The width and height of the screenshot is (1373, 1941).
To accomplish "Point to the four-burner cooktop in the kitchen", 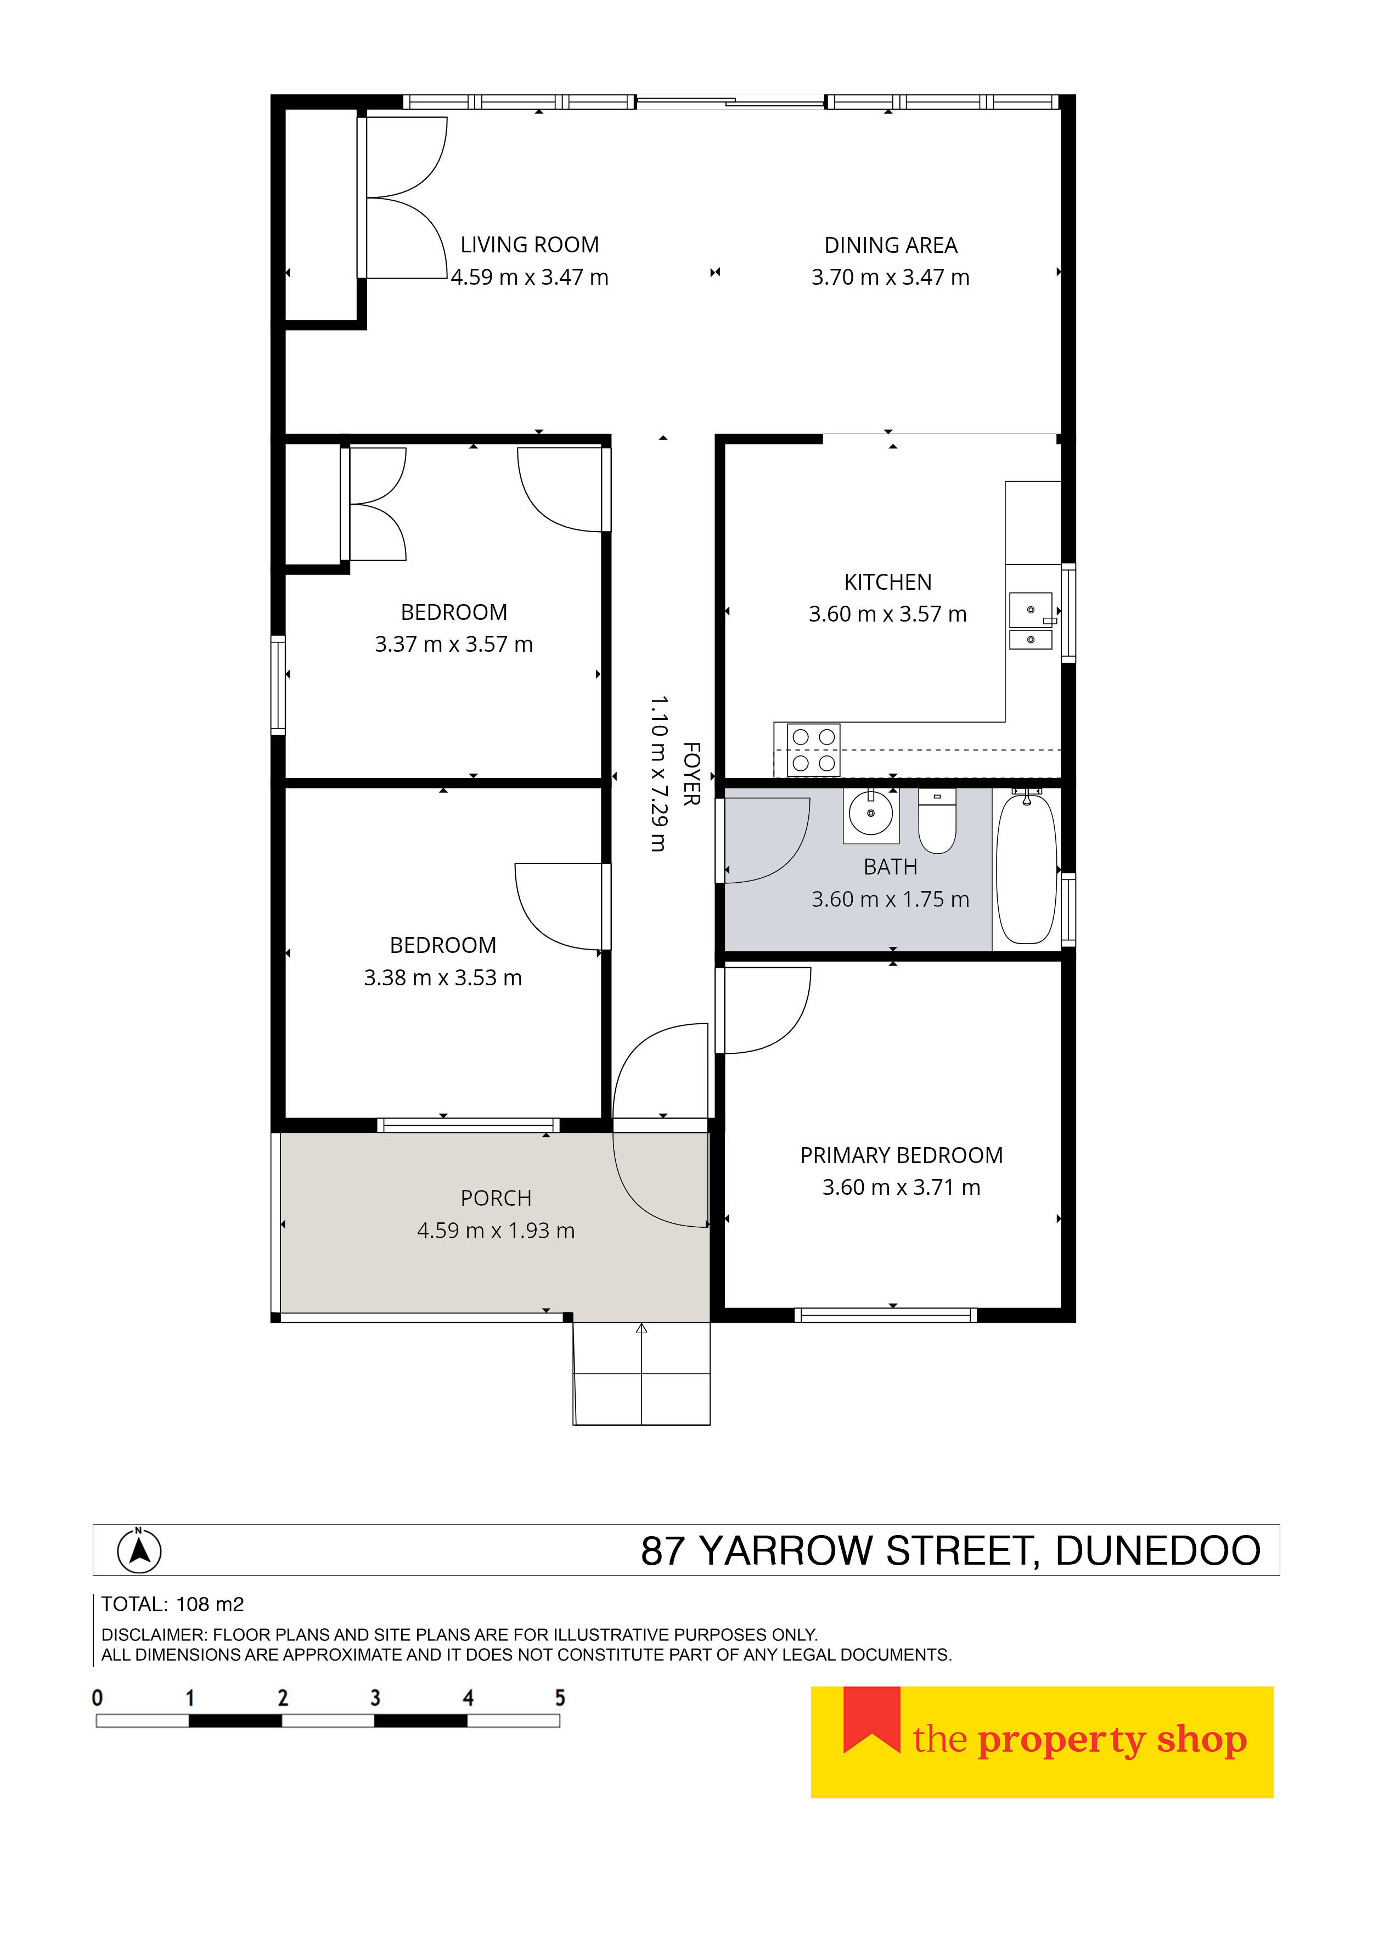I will [x=813, y=750].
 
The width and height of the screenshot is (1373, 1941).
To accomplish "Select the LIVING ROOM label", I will [x=529, y=245].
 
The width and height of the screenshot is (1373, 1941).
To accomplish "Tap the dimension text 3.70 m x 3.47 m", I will [x=890, y=277].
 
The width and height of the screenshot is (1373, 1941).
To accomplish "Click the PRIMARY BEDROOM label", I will [x=901, y=1155].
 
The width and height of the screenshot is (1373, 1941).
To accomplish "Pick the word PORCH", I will [x=496, y=1199].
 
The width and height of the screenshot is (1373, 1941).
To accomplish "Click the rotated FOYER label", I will [x=691, y=774].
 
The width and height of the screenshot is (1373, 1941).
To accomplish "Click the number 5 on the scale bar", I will [x=560, y=1697].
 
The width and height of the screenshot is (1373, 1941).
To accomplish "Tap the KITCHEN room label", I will [x=888, y=583].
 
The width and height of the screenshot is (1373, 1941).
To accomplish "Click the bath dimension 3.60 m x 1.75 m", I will [x=890, y=900].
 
